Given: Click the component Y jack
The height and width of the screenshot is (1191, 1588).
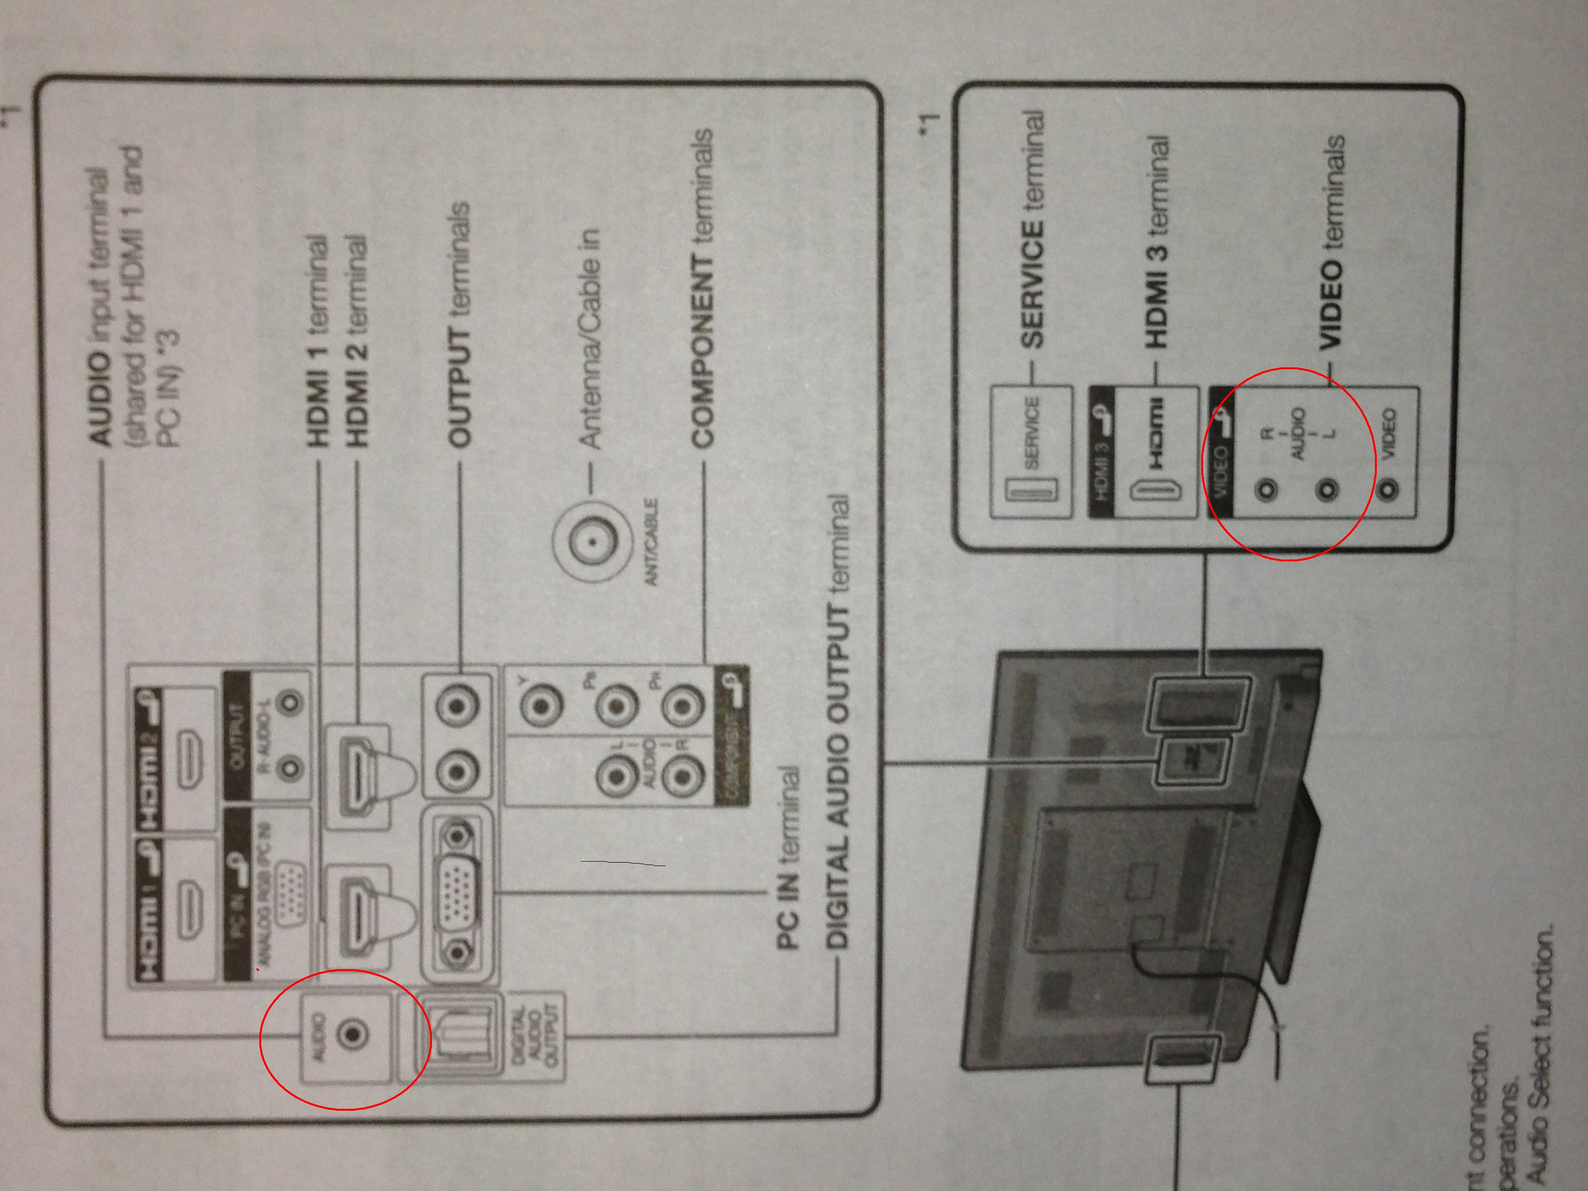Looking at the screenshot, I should (x=540, y=706).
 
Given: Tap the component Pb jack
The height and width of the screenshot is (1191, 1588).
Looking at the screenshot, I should (x=615, y=706).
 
